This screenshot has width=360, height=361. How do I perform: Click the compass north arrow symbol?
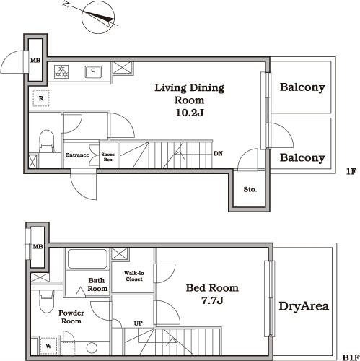tap(98, 17)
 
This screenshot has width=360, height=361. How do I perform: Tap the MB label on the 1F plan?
tap(35, 61)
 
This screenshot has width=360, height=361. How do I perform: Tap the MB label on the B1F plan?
tap(38, 246)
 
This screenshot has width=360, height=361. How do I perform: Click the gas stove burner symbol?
tap(61, 71)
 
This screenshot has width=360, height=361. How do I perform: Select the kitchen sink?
tap(93, 71)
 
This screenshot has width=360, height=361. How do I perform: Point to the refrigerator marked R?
tap(41, 98)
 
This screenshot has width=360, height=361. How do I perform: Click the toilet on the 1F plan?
tap(46, 142)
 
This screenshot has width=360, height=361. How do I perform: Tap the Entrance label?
tap(77, 155)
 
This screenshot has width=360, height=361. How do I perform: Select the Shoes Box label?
tap(107, 157)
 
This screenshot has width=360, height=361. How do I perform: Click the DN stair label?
tap(218, 153)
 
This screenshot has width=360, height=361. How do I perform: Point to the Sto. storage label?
tap(250, 189)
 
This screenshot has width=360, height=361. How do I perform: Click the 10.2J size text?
tap(190, 113)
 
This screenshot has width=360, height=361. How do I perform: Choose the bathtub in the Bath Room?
tap(87, 259)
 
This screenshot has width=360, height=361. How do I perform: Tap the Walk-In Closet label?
tap(134, 276)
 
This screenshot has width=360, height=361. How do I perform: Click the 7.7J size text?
tap(213, 300)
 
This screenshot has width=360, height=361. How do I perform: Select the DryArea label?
tap(304, 306)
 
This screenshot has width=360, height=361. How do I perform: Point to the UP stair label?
tap(139, 323)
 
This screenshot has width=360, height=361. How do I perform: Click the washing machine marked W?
tap(49, 346)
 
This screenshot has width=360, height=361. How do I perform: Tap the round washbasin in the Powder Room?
tap(92, 348)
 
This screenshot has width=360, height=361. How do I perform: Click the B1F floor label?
tap(351, 357)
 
